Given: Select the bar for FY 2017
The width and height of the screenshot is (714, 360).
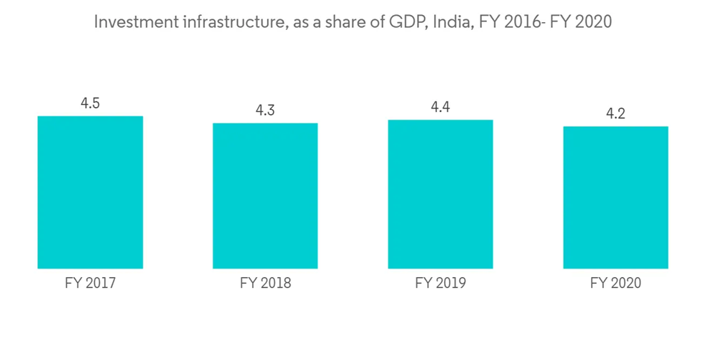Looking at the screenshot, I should (90, 192).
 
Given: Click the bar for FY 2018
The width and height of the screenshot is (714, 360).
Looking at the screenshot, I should (265, 196).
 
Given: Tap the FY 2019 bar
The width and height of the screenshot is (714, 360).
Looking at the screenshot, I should (440, 194).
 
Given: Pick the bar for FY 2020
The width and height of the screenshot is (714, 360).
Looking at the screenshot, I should (615, 197).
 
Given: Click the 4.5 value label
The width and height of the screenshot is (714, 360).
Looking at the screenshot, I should (90, 104).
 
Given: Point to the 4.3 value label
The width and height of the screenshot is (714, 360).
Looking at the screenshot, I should (265, 111).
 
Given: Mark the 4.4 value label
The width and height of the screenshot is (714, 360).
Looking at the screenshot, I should (440, 107).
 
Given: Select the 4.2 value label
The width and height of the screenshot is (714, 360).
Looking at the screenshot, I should (615, 114).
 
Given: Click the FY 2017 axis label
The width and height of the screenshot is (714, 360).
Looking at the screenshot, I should (90, 284).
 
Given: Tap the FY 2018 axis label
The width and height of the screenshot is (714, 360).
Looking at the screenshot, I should (265, 284).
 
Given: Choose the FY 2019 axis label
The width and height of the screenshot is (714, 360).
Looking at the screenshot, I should (440, 284).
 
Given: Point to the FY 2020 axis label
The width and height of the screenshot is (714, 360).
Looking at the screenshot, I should (615, 284).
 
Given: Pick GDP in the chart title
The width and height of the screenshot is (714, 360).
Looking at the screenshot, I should (404, 22).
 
